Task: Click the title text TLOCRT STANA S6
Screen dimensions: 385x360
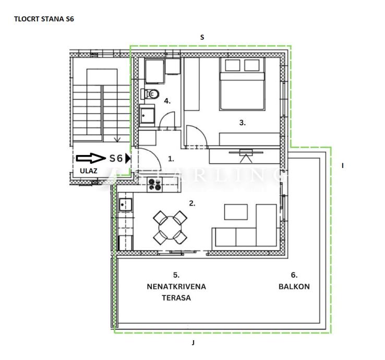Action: (44, 19)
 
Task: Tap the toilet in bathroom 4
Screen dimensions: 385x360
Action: (150, 94)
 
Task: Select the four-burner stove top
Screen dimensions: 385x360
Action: (155, 185)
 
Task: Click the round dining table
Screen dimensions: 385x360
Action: (170, 227)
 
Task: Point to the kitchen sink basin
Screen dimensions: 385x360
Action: (126, 205)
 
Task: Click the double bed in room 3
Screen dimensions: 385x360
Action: (242, 83)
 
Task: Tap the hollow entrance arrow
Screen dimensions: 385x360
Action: (91, 158)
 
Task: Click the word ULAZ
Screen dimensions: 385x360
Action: (88, 171)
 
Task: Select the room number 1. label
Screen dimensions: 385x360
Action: (171, 159)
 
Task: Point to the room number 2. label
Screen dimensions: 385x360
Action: (192, 203)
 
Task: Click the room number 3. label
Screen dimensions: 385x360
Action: (243, 123)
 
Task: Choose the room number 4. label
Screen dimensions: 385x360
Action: (167, 101)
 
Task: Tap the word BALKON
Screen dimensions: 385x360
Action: (294, 286)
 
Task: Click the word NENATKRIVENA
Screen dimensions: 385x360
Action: (176, 286)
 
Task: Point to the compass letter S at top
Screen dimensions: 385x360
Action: (202, 38)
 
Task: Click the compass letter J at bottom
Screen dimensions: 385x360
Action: (193, 343)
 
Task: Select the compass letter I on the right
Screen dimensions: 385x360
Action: (343, 166)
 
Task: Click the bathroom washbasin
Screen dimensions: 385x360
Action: (147, 116)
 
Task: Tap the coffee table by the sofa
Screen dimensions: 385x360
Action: (236, 212)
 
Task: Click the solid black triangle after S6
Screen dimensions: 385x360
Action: (128, 159)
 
